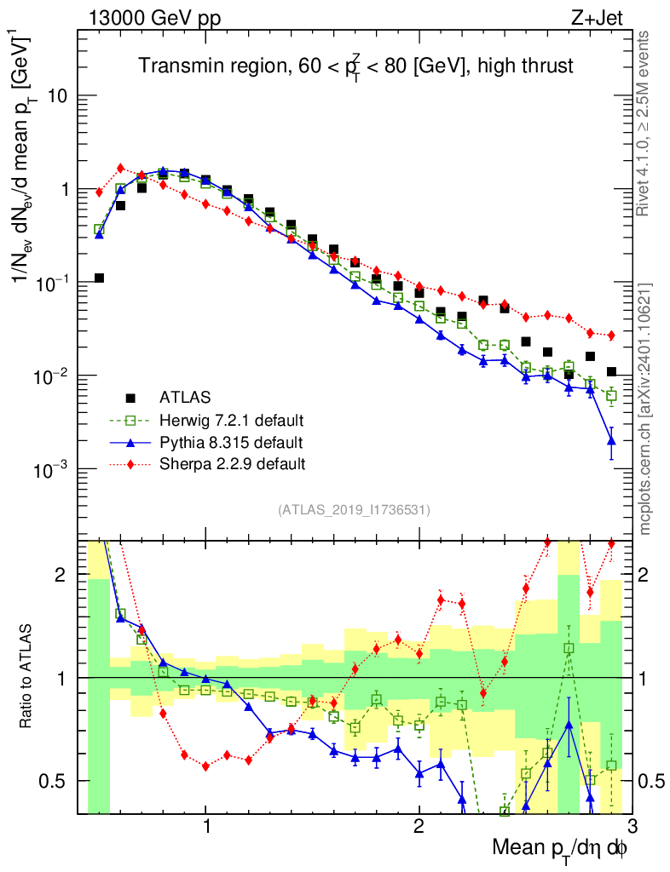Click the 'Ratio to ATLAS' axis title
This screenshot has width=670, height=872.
tap(28, 677)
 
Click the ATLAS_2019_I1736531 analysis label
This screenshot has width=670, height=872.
tap(354, 510)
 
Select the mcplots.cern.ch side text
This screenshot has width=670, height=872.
tap(645, 409)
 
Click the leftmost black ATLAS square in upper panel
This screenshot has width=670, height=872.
tap(99, 278)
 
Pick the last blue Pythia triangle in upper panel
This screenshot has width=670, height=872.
tap(611, 440)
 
